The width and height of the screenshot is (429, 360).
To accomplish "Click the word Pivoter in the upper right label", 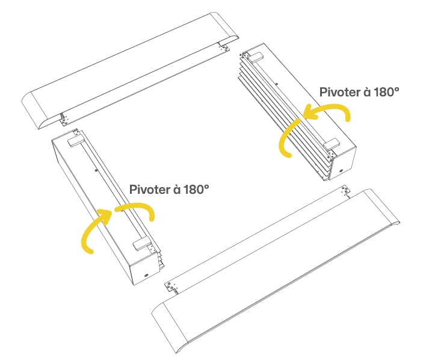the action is point(340,92).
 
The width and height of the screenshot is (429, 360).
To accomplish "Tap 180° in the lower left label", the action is point(196,189).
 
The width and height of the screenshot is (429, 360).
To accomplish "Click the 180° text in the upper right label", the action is point(386,92).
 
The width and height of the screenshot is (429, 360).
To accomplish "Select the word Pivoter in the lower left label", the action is point(150,189).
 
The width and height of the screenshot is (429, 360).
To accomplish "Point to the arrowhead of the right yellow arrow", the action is point(310,112).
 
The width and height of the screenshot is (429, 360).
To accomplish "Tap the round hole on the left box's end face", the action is point(146,275).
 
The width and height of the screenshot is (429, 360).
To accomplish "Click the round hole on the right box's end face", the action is point(341,171).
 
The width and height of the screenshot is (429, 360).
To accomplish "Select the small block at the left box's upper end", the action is point(76,141).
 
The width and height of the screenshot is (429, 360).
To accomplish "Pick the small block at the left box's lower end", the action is point(142,244).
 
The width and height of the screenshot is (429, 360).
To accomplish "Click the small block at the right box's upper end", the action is point(256,57).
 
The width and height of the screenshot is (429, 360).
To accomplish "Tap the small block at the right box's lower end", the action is point(332,145).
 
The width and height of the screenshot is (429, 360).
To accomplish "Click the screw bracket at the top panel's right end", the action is point(224,47).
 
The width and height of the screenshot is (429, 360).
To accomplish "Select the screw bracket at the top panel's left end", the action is point(64,119).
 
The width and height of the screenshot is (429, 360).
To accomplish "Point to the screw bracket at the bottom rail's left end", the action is point(171,287).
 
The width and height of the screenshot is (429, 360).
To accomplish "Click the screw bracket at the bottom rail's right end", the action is point(345,191).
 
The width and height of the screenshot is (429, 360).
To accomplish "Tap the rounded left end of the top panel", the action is point(35,110).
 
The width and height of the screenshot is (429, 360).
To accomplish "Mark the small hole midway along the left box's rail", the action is point(96,170).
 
